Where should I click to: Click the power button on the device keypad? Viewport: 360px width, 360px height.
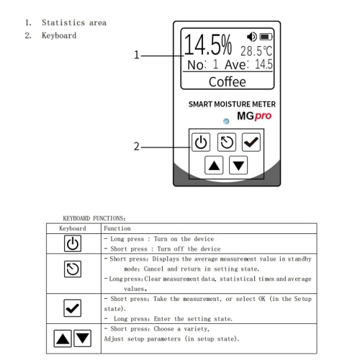pyautogui.click(x=201, y=142)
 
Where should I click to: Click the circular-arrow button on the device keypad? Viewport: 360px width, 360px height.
pyautogui.click(x=226, y=142)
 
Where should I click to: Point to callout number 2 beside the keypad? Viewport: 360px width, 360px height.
pyautogui.click(x=136, y=146)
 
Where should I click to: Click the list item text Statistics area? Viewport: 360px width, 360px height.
pyautogui.click(x=74, y=22)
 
